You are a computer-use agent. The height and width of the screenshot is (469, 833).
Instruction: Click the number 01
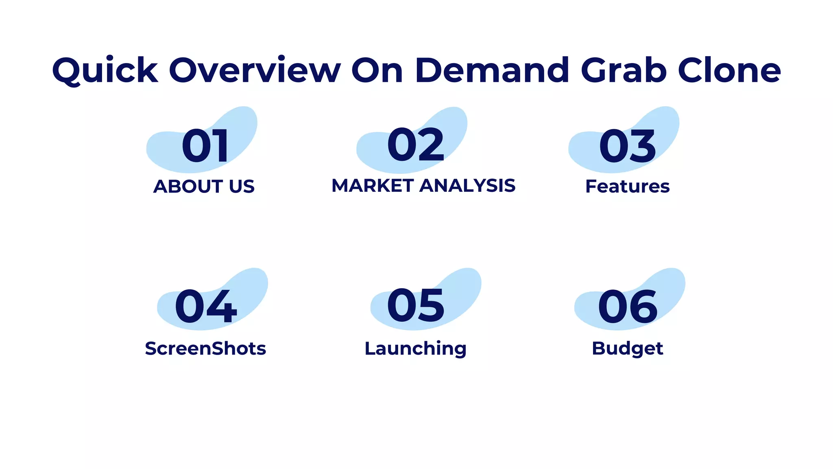coord(205,146)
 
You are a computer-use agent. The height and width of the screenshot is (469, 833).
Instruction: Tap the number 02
coord(416,145)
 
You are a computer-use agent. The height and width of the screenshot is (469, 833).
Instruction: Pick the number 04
coord(206,307)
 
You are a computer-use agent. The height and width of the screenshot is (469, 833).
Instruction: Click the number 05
coord(416,305)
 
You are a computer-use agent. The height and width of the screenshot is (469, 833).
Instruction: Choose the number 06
coord(628,307)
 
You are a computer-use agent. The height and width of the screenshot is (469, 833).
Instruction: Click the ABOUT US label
coord(204,186)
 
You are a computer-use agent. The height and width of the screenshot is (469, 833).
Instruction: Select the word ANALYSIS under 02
coord(467,186)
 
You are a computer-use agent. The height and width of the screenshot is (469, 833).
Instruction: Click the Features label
coord(627,186)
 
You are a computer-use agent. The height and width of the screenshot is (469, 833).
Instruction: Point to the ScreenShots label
coord(205,348)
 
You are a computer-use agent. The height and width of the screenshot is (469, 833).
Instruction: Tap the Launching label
coord(415,348)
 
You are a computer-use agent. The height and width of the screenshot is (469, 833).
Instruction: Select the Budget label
coord(627,348)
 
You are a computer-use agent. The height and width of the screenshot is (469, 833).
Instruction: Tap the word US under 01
coord(242,186)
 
